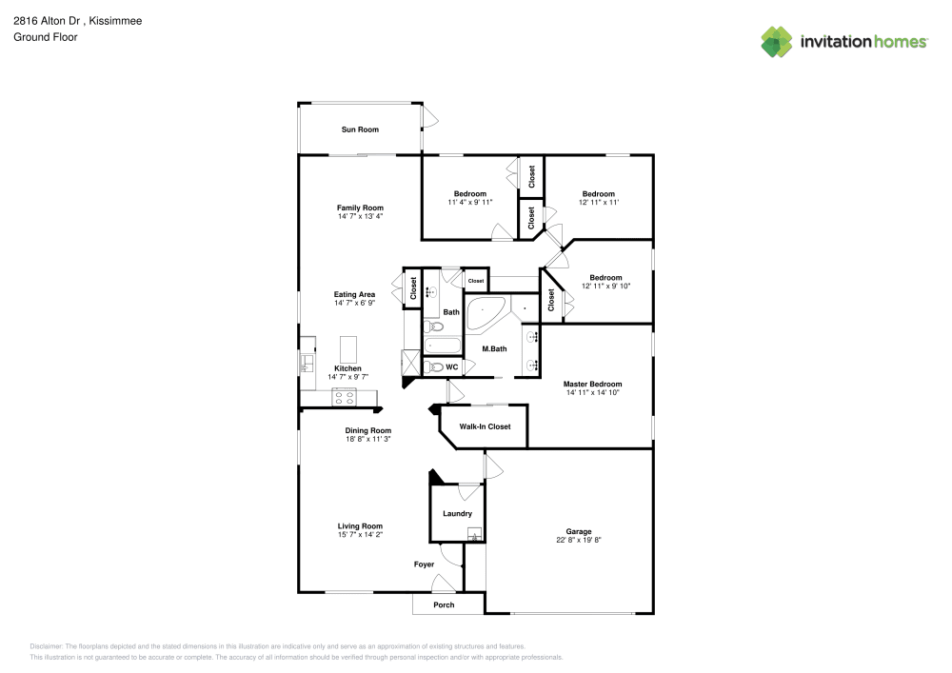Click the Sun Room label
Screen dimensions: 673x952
point(360,129)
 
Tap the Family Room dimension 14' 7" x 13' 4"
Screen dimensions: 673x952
point(360,217)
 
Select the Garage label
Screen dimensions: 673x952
point(579,531)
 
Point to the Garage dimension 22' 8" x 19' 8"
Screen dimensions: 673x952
point(579,540)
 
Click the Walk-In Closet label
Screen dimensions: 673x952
point(485,426)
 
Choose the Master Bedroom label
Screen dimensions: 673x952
point(592,384)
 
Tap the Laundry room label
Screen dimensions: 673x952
point(457,514)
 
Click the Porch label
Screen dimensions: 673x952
point(444,604)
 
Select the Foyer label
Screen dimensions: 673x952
point(424,564)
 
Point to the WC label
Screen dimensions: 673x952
point(452,366)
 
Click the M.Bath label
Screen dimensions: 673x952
point(494,348)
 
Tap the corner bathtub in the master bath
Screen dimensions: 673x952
point(486,312)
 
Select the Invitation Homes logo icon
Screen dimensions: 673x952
point(777,41)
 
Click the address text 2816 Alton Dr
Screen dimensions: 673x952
point(48,20)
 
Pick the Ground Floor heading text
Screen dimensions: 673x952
point(46,37)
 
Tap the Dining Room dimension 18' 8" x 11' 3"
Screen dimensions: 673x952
point(367,439)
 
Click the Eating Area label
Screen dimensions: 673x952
point(354,294)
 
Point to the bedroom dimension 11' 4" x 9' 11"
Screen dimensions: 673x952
point(470,202)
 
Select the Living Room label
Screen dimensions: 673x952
point(360,525)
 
